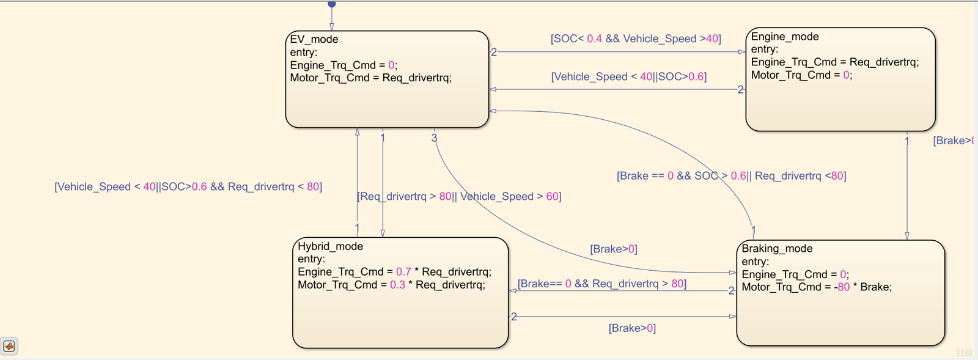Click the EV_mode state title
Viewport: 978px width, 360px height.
point(314,39)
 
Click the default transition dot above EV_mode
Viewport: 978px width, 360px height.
point(332,4)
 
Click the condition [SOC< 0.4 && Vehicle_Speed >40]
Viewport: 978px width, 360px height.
point(636,39)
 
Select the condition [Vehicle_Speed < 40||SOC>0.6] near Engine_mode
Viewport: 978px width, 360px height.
point(628,77)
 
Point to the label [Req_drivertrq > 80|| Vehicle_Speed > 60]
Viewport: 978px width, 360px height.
point(459,197)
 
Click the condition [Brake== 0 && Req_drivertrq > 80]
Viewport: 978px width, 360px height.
point(601,284)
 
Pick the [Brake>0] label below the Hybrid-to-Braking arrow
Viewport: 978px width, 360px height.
point(632,328)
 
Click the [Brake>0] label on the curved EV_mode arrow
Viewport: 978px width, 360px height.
point(613,249)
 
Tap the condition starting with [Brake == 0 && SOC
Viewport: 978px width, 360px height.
point(731,176)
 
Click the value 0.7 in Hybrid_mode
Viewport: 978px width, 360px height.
point(403,272)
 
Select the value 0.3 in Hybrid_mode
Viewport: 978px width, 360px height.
point(397,285)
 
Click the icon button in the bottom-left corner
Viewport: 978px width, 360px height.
point(9,346)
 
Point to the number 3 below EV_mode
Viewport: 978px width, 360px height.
point(434,138)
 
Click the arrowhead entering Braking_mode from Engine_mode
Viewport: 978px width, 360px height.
point(906,236)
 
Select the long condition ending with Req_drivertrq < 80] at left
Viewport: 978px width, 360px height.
point(188,187)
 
